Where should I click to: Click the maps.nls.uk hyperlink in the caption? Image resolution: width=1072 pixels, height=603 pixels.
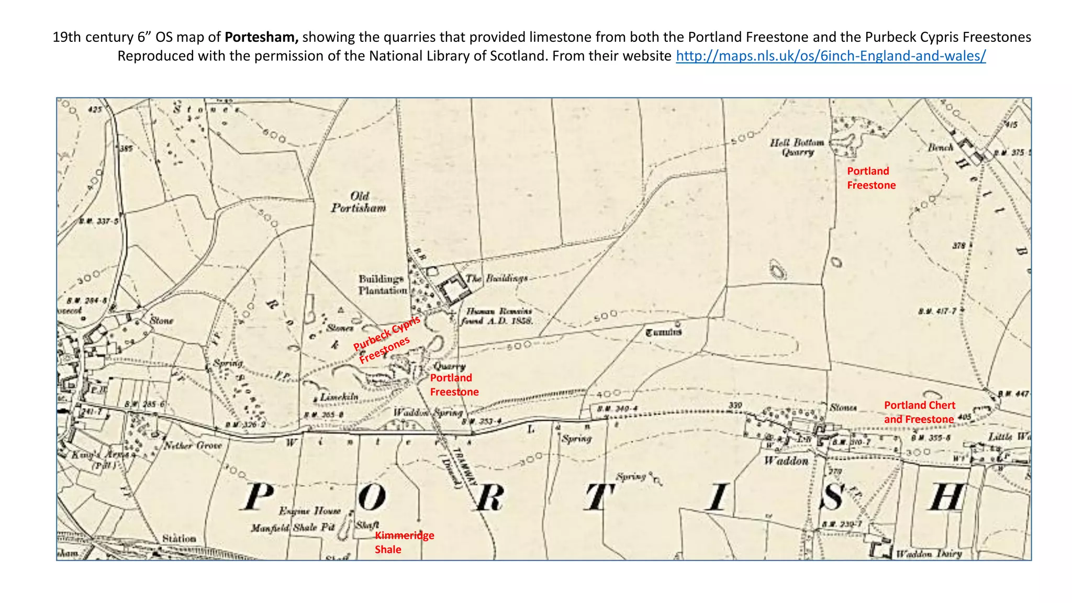(x=831, y=56)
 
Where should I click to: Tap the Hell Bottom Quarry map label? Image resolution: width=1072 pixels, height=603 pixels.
(x=797, y=147)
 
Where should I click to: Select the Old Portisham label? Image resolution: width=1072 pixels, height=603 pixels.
(x=359, y=202)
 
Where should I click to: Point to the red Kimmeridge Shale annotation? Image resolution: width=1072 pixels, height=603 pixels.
(x=404, y=542)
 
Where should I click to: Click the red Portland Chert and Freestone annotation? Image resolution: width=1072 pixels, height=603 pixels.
(x=919, y=412)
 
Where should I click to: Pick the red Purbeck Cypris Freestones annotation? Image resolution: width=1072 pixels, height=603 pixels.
(x=386, y=340)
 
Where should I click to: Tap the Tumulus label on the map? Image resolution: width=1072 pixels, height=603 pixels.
(x=663, y=332)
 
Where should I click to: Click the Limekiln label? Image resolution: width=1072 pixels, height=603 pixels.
(x=339, y=397)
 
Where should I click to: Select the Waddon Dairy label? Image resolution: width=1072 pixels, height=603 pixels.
(x=929, y=554)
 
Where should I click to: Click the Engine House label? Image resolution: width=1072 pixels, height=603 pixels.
(x=310, y=510)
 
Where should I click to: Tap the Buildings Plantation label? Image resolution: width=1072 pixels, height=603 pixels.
(x=382, y=284)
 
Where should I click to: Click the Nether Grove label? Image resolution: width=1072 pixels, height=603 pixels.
(x=193, y=445)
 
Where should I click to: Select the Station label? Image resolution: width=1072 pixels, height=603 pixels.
(x=179, y=538)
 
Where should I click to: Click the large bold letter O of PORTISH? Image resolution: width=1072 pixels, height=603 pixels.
(x=372, y=497)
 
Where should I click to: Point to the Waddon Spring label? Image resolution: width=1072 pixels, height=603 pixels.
(x=428, y=412)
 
